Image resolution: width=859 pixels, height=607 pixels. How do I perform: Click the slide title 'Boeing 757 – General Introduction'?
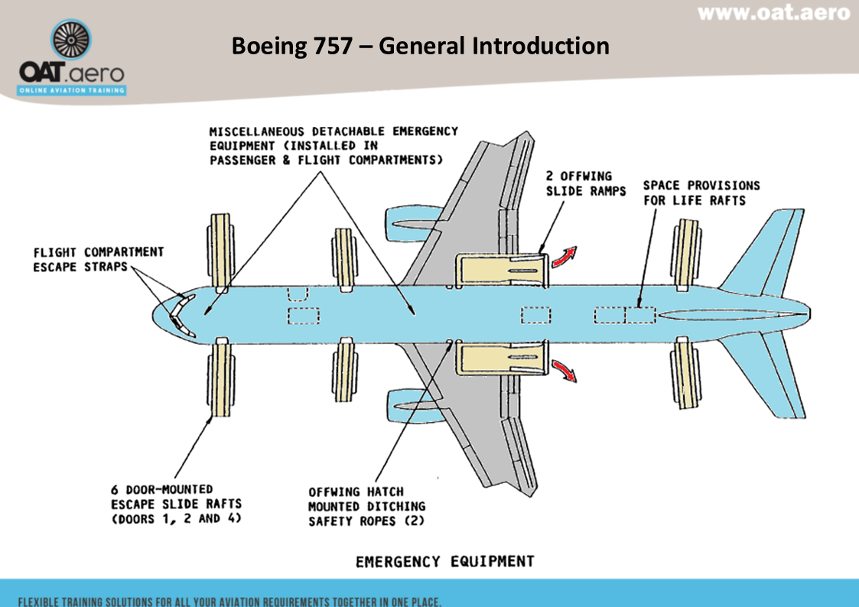(x=420, y=46)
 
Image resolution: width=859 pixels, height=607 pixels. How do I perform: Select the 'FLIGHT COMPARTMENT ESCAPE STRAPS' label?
(x=98, y=259)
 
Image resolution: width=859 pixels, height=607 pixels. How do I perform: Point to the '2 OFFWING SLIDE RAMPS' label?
(x=579, y=183)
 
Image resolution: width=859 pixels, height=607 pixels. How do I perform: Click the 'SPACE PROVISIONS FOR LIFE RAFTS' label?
(x=701, y=193)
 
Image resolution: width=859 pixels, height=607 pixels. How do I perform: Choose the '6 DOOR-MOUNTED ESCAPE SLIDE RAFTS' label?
(x=176, y=503)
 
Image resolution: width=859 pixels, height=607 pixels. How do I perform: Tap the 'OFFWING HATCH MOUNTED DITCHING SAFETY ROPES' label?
(x=366, y=507)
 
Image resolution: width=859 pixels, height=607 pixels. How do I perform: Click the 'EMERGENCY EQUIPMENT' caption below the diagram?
(x=444, y=562)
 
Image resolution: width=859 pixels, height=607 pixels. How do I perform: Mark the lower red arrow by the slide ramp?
(x=566, y=370)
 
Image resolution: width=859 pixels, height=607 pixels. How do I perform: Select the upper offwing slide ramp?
(x=502, y=269)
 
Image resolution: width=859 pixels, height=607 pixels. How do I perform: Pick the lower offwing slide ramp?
(x=502, y=359)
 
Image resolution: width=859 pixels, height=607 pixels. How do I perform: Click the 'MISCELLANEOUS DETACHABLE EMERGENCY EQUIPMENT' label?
(x=334, y=145)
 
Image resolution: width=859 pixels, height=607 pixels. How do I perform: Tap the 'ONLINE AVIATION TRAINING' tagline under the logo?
(x=72, y=90)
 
